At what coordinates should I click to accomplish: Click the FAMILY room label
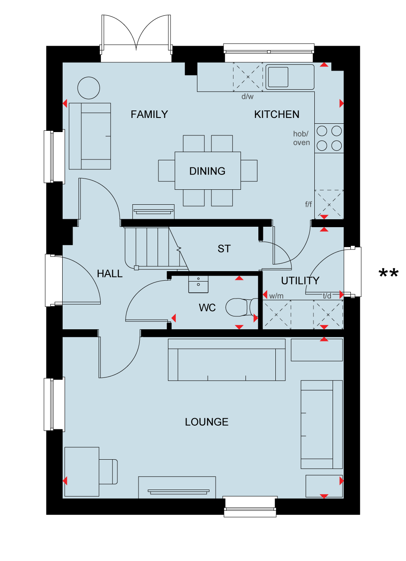[149, 115]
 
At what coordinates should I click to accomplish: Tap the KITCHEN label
[277, 115]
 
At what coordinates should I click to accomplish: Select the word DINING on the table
[207, 171]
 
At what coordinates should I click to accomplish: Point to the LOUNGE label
[207, 422]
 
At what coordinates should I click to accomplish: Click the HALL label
[110, 274]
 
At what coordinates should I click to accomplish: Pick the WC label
[207, 308]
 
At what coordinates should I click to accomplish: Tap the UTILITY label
[300, 281]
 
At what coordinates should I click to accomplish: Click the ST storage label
[224, 249]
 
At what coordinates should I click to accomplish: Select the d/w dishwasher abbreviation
[248, 97]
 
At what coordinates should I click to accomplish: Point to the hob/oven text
[301, 138]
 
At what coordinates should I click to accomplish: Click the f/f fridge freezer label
[309, 204]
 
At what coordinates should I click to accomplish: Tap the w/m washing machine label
[277, 296]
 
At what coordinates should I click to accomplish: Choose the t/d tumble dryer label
[327, 296]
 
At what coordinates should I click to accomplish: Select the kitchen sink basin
[278, 77]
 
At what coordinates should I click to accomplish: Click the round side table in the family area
[89, 88]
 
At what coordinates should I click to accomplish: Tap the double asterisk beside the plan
[389, 273]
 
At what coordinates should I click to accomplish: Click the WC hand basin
[198, 284]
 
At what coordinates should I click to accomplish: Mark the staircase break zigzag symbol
[179, 249]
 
